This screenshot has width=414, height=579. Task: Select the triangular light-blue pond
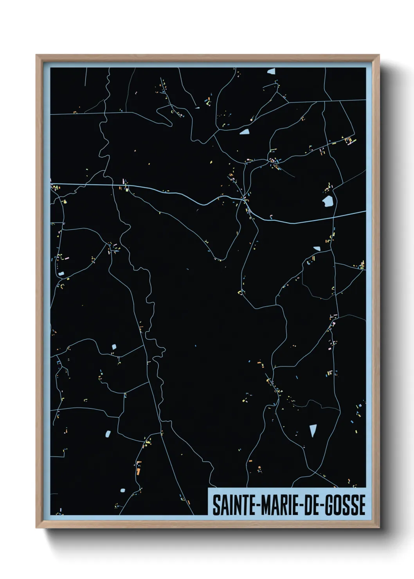(313, 430)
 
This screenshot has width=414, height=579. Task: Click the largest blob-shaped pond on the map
(328, 201)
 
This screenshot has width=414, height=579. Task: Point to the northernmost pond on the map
(272, 72)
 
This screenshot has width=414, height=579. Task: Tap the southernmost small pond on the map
(122, 490)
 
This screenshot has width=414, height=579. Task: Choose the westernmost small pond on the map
(61, 273)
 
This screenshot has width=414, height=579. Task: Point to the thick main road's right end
(365, 212)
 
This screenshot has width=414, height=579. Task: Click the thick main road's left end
(51, 183)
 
